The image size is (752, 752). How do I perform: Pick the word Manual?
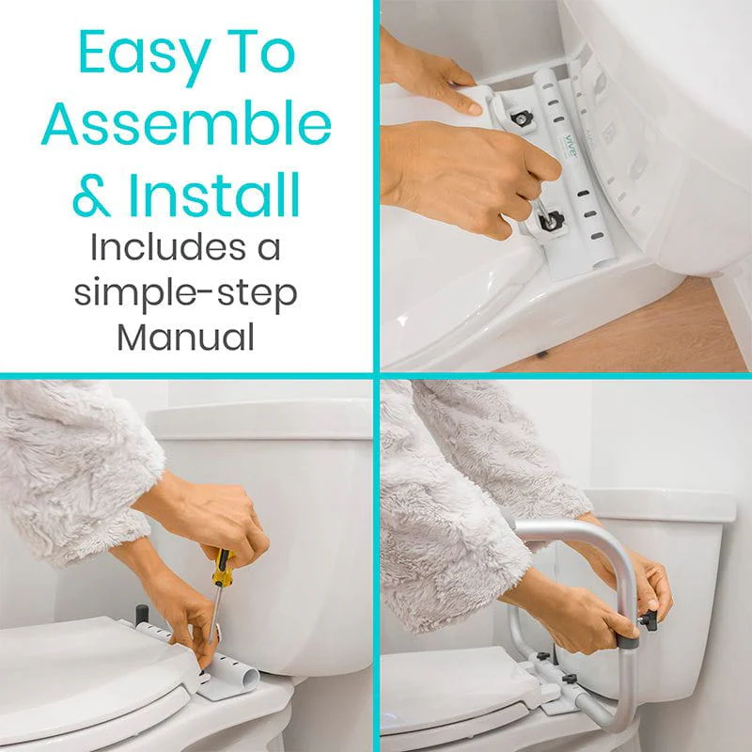pos(185,336)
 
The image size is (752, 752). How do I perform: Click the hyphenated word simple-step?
pos(185,292)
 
